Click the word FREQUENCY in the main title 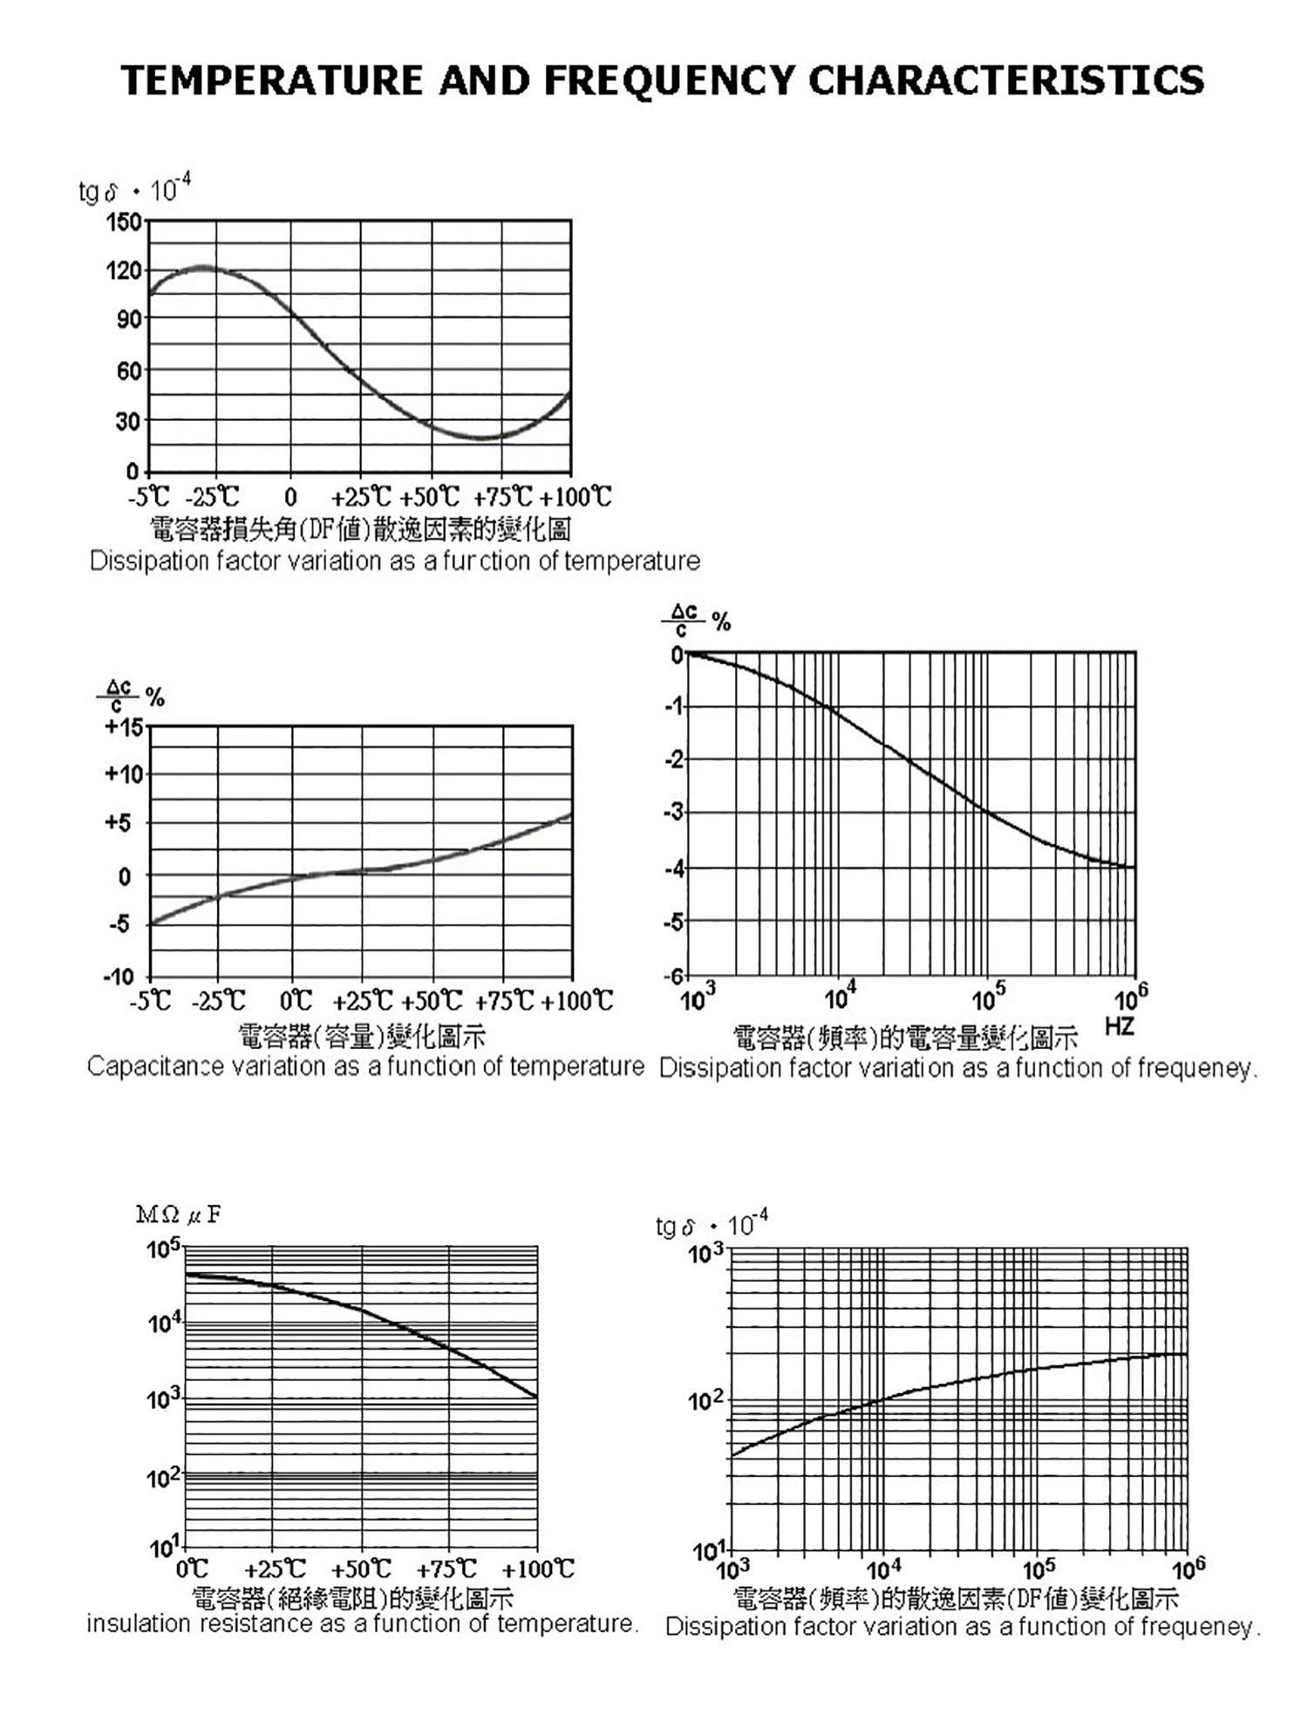pyautogui.click(x=669, y=80)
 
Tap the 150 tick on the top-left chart pyautogui.click(x=123, y=222)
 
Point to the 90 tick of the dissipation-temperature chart pyautogui.click(x=128, y=319)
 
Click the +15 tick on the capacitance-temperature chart pyautogui.click(x=124, y=726)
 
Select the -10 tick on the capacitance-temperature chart pyautogui.click(x=119, y=977)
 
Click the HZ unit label pyautogui.click(x=1119, y=1026)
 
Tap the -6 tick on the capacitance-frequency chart pyautogui.click(x=675, y=976)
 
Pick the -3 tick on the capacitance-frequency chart pyautogui.click(x=675, y=813)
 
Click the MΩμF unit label pyautogui.click(x=179, y=1215)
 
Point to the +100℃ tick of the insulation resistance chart pyautogui.click(x=538, y=1569)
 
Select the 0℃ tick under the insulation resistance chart pyautogui.click(x=193, y=1569)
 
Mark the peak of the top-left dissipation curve pyautogui.click(x=203, y=267)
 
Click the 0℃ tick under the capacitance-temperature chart pyautogui.click(x=296, y=1001)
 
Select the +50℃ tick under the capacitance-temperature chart pyautogui.click(x=432, y=1001)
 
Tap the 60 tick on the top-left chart pyautogui.click(x=128, y=371)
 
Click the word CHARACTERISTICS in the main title pyautogui.click(x=1006, y=80)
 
